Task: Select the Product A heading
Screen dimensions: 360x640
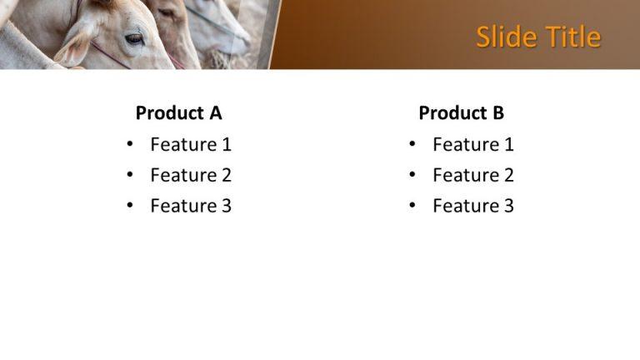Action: coord(178,112)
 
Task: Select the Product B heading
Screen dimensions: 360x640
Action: coord(461,112)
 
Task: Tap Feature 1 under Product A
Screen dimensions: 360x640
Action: coord(190,144)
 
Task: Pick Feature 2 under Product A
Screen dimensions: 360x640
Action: coord(190,175)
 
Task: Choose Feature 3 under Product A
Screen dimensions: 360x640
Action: coord(190,206)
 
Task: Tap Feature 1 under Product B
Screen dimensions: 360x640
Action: coord(472,144)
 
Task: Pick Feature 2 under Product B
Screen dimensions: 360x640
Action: coord(472,175)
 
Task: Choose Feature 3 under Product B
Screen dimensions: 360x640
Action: coord(472,206)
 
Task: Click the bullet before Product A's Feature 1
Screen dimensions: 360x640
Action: coord(129,144)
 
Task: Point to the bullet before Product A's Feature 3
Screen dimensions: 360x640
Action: coord(129,206)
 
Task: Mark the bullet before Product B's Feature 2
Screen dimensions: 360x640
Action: coord(412,175)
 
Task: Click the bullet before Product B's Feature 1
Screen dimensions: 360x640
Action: coord(412,144)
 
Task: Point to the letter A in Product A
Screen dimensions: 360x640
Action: coord(216,112)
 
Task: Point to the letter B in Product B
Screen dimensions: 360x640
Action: coord(498,112)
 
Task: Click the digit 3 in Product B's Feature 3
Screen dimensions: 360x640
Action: coord(508,206)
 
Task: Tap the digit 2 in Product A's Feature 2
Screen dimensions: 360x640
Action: coord(226,175)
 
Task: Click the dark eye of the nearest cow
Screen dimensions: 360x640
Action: coord(134,37)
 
